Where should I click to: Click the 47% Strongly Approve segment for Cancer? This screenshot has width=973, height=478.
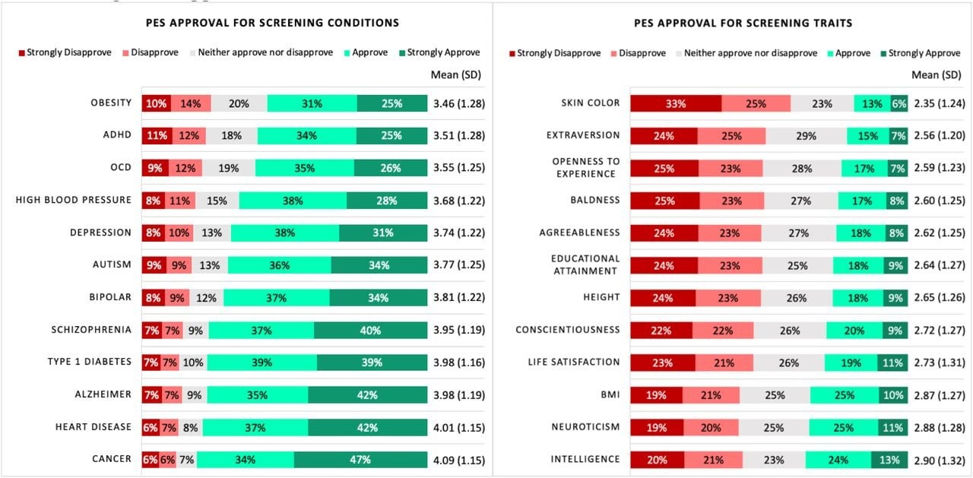coord(360,460)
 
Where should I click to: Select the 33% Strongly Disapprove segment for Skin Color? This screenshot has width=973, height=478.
coord(675,103)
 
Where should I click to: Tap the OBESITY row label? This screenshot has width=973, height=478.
coord(111,103)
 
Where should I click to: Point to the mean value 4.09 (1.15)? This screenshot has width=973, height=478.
coord(459,460)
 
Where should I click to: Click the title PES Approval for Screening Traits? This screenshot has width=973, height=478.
coord(743,23)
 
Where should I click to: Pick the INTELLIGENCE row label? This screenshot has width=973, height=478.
coord(585,460)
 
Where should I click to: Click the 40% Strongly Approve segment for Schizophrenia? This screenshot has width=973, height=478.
coord(370,330)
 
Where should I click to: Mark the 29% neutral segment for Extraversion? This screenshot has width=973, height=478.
coord(806,136)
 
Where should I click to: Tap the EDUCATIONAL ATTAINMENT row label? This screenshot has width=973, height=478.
coord(585,265)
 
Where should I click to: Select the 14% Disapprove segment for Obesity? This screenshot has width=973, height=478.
coord(191,103)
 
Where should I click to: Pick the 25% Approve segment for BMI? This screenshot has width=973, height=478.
coord(844,394)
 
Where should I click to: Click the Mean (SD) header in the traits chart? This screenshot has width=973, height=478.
coord(937,75)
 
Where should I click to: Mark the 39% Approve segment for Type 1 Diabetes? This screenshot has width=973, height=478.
coord(261,362)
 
